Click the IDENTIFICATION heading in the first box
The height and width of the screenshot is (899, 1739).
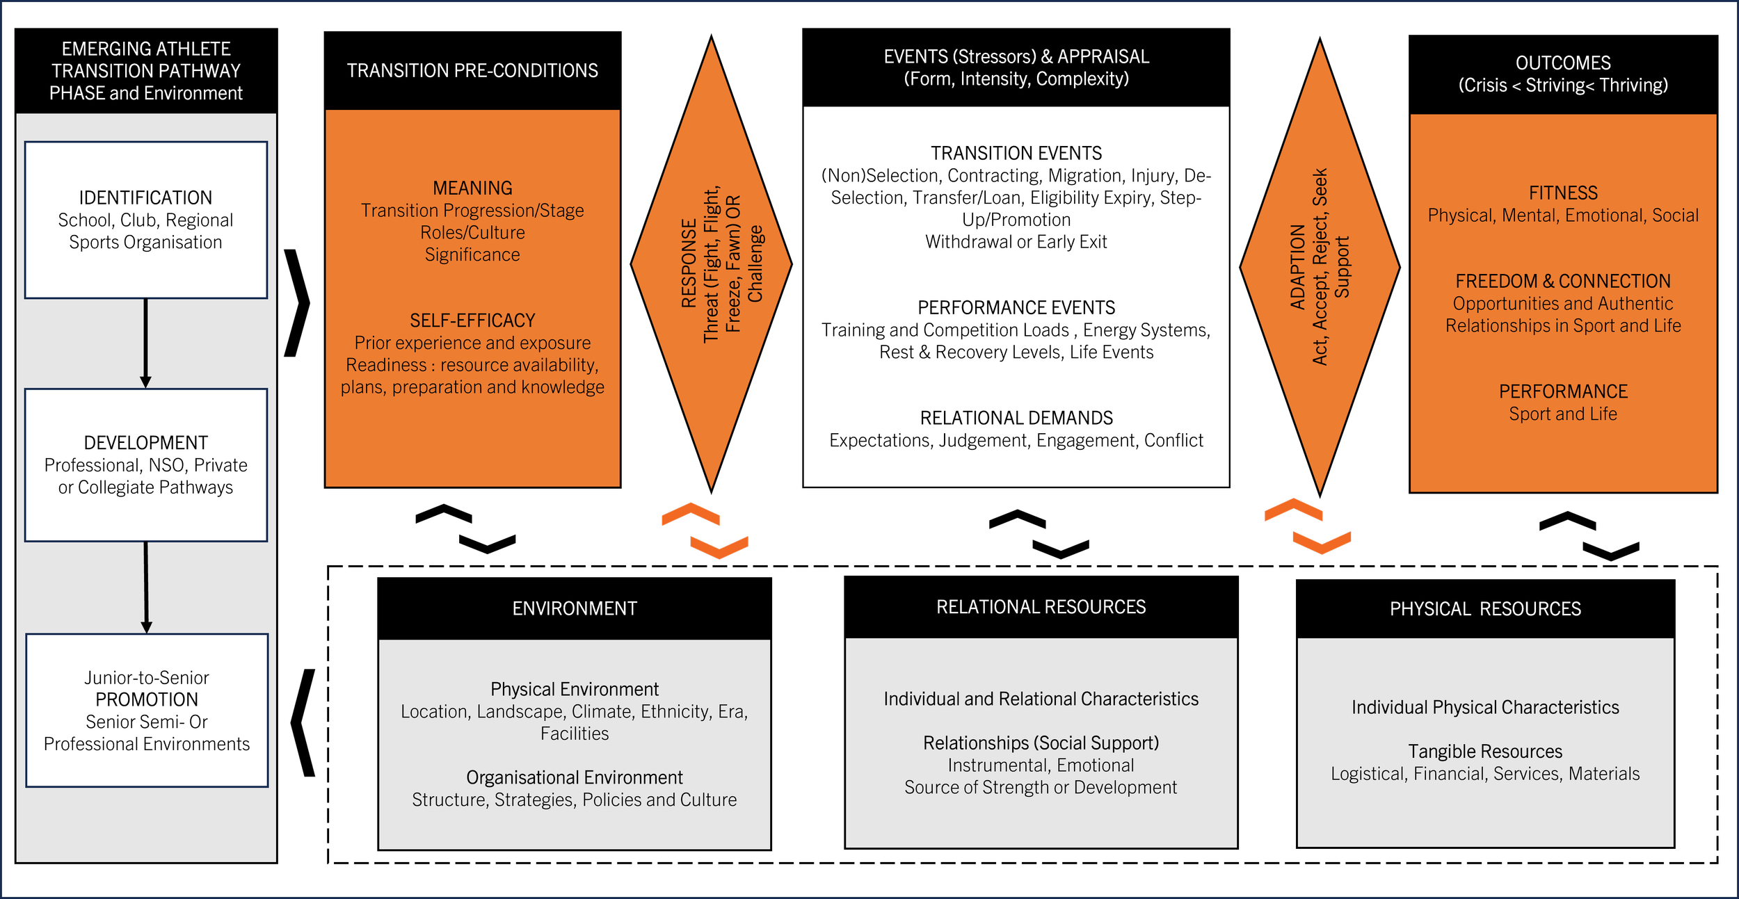coord(145,197)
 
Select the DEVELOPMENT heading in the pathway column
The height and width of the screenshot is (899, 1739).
coord(145,443)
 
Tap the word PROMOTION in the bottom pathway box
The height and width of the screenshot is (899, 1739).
coord(147,699)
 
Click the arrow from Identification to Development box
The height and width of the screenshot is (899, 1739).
coord(145,343)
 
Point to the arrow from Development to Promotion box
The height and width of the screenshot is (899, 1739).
coord(146,587)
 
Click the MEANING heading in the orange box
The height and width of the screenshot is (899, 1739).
coord(472,188)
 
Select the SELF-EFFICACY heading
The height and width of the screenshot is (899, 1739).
coord(472,321)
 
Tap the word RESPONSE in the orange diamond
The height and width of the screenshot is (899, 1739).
coord(689,264)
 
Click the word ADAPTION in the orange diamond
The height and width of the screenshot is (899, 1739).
coord(1297,266)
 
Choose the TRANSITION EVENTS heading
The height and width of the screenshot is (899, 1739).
coord(1016,153)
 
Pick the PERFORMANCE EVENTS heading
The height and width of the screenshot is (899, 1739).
coord(1016,307)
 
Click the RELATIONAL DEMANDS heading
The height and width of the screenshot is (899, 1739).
coord(1016,418)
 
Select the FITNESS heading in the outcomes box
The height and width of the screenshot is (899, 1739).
coord(1563,193)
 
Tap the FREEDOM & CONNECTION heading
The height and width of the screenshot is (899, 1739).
coord(1563,281)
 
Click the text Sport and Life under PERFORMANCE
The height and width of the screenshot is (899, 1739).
coord(1563,414)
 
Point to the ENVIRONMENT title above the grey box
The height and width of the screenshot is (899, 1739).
coord(575,608)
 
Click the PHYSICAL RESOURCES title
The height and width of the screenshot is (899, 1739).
coord(1485,609)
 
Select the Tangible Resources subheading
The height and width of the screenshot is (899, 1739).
coord(1485,752)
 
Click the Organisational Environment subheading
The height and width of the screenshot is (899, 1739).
coord(575,777)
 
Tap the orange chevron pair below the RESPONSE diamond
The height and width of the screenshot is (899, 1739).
coord(705,531)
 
